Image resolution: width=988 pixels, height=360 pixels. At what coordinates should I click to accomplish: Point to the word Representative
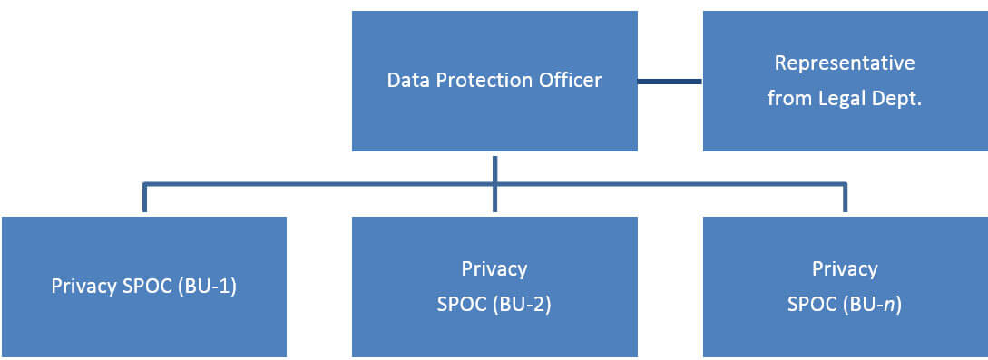coord(845,63)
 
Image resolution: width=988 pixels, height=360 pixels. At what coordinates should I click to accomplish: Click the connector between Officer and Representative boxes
coord(670,82)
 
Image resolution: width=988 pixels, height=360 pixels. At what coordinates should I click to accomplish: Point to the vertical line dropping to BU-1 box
coord(144,198)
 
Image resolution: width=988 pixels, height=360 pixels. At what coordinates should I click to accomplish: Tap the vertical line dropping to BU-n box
coord(845,198)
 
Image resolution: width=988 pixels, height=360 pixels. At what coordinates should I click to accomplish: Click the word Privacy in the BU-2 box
coord(494,268)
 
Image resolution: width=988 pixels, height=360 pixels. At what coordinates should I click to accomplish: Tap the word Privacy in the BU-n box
coord(845,268)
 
